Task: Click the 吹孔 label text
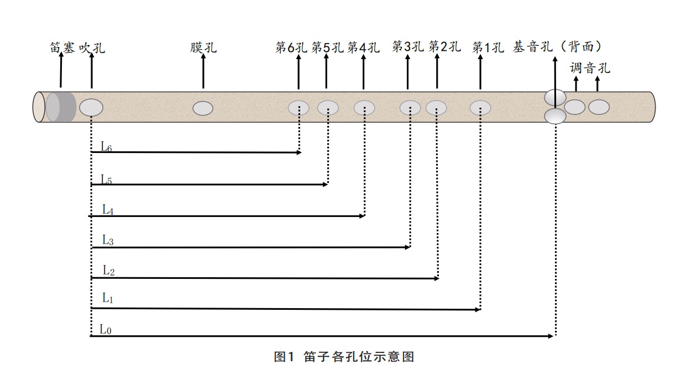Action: [x=92, y=48]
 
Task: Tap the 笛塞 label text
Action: [x=62, y=48]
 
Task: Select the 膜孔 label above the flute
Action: [x=203, y=47]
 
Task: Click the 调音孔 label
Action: [x=590, y=68]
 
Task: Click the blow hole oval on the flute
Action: [x=91, y=107]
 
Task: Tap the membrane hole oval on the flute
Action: [x=203, y=108]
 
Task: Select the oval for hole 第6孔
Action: [x=298, y=108]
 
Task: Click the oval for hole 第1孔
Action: [x=480, y=108]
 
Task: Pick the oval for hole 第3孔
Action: [x=410, y=108]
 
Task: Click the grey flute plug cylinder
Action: [x=60, y=107]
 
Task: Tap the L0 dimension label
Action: [x=106, y=330]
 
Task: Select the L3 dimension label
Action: [x=108, y=240]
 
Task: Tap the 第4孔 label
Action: [x=363, y=48]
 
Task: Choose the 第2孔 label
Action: [x=444, y=47]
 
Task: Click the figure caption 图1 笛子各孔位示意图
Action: [x=344, y=357]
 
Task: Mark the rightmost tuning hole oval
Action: [x=599, y=107]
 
